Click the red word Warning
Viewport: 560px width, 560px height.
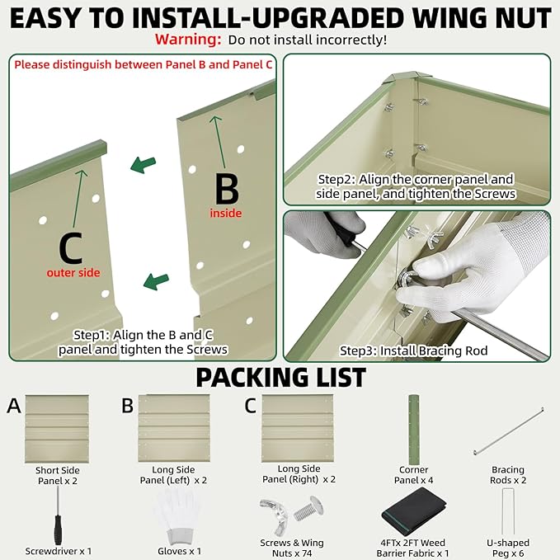click(188, 40)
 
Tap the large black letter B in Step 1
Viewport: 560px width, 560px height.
click(227, 189)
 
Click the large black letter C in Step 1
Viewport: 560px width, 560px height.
click(71, 247)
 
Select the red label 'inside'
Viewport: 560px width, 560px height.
click(226, 214)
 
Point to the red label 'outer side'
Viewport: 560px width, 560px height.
click(73, 273)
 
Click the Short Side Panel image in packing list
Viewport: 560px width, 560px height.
click(57, 428)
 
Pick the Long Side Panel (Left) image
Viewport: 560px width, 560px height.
click(174, 428)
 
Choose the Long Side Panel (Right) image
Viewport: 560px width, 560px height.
click(297, 428)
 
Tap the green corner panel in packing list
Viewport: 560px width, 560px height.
click(413, 429)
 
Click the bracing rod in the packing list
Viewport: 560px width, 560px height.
click(509, 431)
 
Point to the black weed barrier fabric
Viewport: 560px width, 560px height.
click(414, 512)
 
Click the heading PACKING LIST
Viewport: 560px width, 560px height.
click(280, 378)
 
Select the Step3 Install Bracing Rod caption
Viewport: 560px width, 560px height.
click(413, 351)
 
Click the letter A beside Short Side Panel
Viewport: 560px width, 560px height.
click(14, 406)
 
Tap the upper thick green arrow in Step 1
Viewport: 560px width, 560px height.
click(144, 165)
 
